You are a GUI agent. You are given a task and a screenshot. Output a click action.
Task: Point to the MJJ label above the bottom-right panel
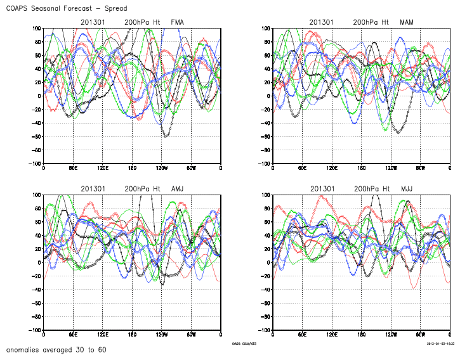point(407,189)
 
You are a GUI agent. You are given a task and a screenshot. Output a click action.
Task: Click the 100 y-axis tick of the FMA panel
point(36,29)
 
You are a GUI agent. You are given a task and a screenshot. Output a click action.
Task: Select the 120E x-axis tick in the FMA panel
point(102,168)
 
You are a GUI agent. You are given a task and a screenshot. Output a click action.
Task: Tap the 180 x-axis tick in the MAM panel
point(361,168)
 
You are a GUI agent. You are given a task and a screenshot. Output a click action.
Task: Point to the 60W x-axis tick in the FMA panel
point(190,168)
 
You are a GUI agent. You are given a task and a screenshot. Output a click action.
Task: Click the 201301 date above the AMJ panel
point(93,189)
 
